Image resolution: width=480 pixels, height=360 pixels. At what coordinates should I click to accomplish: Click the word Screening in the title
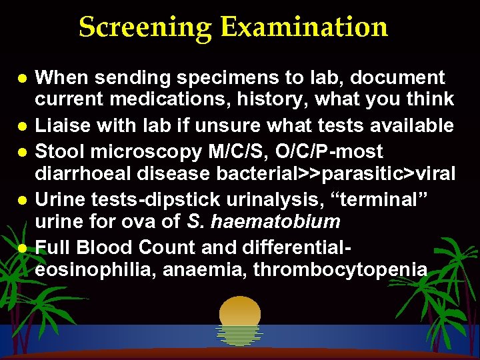click(145, 27)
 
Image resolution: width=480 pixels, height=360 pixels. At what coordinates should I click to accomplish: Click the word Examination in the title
click(305, 27)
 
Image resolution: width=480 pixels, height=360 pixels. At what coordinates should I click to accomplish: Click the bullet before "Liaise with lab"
click(21, 126)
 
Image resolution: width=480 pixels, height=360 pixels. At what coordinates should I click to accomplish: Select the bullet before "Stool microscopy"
click(21, 153)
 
